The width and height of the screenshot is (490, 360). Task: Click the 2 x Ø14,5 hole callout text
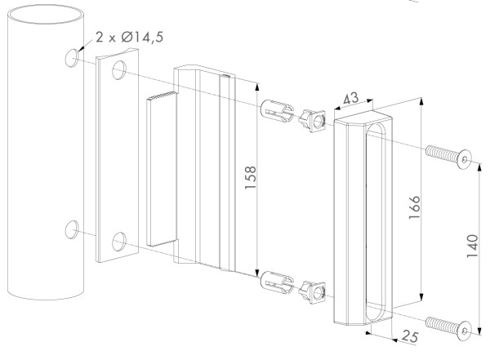(129, 38)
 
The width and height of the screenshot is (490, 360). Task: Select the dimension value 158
(251, 177)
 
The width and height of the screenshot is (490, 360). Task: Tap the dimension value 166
(415, 207)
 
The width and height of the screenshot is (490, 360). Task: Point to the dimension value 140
(473, 246)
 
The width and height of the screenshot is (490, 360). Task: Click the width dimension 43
(351, 99)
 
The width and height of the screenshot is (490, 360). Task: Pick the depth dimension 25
(410, 337)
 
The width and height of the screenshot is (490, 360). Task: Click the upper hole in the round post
(72, 58)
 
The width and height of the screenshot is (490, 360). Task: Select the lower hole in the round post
(72, 229)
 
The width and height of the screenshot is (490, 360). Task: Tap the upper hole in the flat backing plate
(119, 70)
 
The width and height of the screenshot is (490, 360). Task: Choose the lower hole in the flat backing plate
(119, 242)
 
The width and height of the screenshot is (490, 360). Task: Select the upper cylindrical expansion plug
(277, 111)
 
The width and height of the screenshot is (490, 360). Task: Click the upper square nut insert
(312, 121)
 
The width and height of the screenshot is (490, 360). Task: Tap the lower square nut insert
(312, 292)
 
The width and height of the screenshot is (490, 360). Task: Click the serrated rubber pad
(162, 169)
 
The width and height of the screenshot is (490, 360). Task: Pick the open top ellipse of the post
(46, 15)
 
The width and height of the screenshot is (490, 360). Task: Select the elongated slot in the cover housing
(375, 223)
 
